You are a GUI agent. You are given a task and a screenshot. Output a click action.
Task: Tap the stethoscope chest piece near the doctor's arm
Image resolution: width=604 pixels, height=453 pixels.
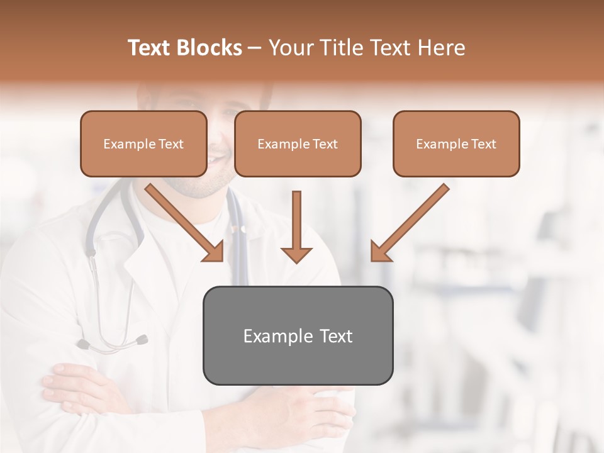pos(140,340)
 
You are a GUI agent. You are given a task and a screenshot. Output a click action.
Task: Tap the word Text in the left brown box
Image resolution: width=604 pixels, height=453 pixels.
pos(171,144)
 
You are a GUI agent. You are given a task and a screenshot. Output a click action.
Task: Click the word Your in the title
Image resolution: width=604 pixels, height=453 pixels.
pos(289,48)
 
